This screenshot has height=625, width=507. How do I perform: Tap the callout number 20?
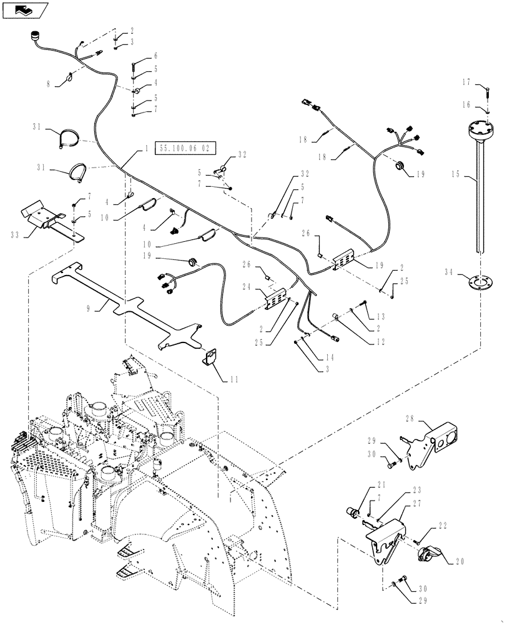460,561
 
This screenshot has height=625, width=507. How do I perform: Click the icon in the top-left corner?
24,9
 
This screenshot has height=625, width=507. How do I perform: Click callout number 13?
381,316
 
